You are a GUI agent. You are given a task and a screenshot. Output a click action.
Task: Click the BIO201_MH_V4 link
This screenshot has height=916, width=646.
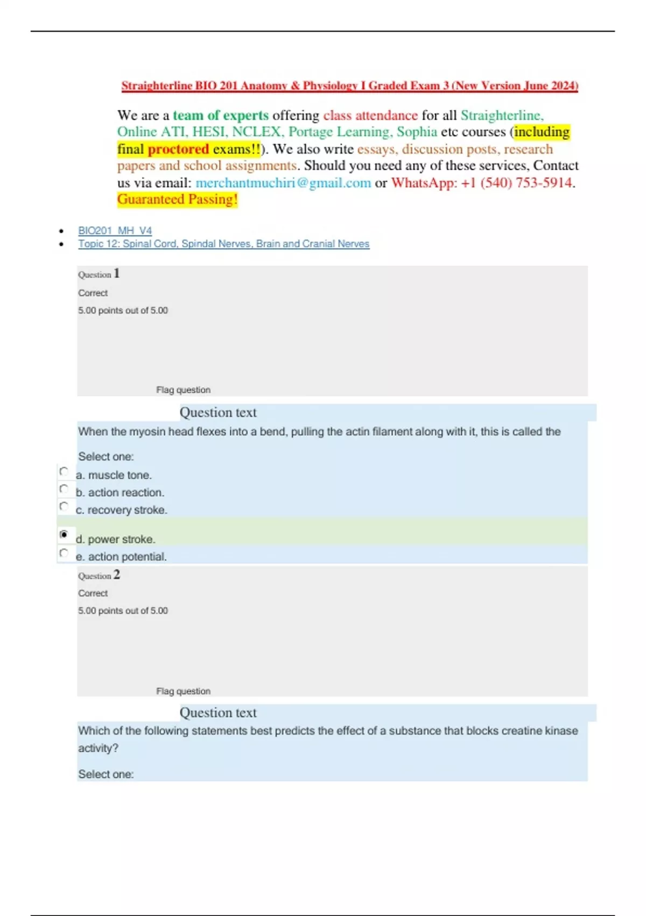(115, 231)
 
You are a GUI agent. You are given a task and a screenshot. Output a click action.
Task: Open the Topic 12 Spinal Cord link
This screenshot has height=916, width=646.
(223, 244)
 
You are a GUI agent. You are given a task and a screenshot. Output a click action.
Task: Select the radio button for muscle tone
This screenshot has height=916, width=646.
(64, 472)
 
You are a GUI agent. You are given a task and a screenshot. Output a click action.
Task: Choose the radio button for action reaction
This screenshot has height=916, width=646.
(64, 489)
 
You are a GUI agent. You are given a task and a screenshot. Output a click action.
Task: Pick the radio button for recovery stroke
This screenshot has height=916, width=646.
(64, 506)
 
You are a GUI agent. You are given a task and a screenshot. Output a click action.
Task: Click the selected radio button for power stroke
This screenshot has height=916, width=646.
(64, 535)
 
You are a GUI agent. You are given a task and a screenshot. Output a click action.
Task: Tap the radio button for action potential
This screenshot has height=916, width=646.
(64, 553)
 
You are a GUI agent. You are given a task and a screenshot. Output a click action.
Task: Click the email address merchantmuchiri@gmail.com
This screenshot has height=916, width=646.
(283, 183)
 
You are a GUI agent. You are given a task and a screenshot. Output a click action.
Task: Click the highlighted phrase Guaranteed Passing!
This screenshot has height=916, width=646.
(177, 200)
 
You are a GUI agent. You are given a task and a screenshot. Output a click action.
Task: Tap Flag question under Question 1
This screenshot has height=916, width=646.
(183, 390)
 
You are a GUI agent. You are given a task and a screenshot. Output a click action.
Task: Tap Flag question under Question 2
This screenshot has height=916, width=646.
(183, 691)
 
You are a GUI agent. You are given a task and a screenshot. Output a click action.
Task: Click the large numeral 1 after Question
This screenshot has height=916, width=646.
(117, 274)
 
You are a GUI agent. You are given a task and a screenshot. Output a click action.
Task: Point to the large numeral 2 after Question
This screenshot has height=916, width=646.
(117, 575)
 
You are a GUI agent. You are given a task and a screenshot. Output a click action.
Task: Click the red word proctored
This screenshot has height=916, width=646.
(178, 149)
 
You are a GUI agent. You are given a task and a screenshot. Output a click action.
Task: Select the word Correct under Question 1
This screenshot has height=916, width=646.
(93, 293)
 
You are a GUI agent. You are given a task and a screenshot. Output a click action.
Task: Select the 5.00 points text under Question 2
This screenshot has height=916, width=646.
(123, 611)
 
